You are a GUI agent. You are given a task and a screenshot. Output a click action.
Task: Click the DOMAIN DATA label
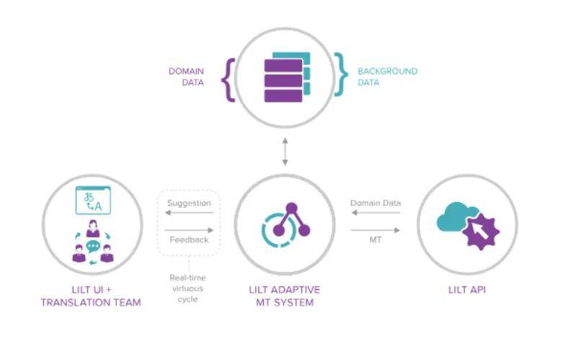(x=186, y=76)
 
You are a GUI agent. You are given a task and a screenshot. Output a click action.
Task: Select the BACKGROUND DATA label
(x=387, y=76)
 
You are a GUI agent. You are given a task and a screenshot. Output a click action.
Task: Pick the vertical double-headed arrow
(x=286, y=152)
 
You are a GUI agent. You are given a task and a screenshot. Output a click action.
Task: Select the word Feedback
(x=189, y=239)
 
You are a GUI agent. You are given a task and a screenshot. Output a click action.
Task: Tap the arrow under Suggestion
(x=189, y=214)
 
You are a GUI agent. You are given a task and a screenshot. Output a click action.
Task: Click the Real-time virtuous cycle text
(x=188, y=288)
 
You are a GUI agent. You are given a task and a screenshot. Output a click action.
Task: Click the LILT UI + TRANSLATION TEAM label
(x=91, y=296)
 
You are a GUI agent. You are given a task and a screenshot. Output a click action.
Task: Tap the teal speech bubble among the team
(x=92, y=247)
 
